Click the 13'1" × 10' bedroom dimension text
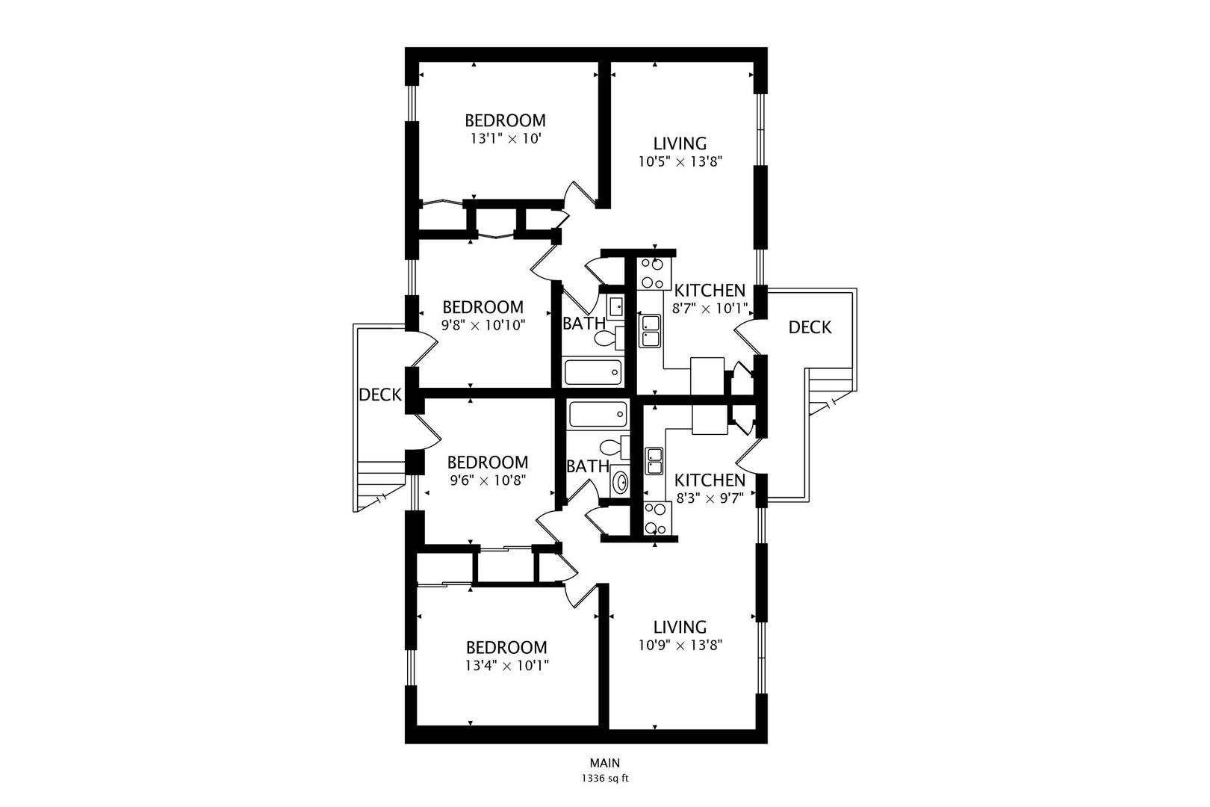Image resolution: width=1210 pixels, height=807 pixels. (x=506, y=139)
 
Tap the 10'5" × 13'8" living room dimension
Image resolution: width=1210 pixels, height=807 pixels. (x=680, y=161)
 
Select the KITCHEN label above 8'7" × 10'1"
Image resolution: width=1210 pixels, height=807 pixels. (x=710, y=290)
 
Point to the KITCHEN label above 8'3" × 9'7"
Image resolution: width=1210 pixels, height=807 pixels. (x=710, y=480)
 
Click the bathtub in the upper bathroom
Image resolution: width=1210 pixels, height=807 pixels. (x=592, y=372)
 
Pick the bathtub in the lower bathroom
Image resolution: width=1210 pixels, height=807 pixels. (x=598, y=414)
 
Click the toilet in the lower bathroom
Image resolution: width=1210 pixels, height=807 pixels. (x=614, y=448)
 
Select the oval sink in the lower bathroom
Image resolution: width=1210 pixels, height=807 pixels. (x=621, y=481)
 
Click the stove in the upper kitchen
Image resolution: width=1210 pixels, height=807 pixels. (x=654, y=273)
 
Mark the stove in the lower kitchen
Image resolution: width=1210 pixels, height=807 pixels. (x=657, y=517)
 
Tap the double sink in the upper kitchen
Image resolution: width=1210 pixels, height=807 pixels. (x=650, y=331)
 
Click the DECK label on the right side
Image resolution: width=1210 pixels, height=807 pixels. (x=810, y=327)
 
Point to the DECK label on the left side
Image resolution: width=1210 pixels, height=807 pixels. (x=380, y=395)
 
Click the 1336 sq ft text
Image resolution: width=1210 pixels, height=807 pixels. (x=605, y=779)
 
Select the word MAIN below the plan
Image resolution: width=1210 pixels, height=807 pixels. (x=605, y=763)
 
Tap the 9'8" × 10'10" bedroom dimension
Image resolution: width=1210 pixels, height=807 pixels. (x=483, y=325)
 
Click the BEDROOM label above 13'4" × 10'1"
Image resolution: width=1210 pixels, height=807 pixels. (x=506, y=647)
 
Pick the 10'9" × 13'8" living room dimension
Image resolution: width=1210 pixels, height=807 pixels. (x=680, y=645)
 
